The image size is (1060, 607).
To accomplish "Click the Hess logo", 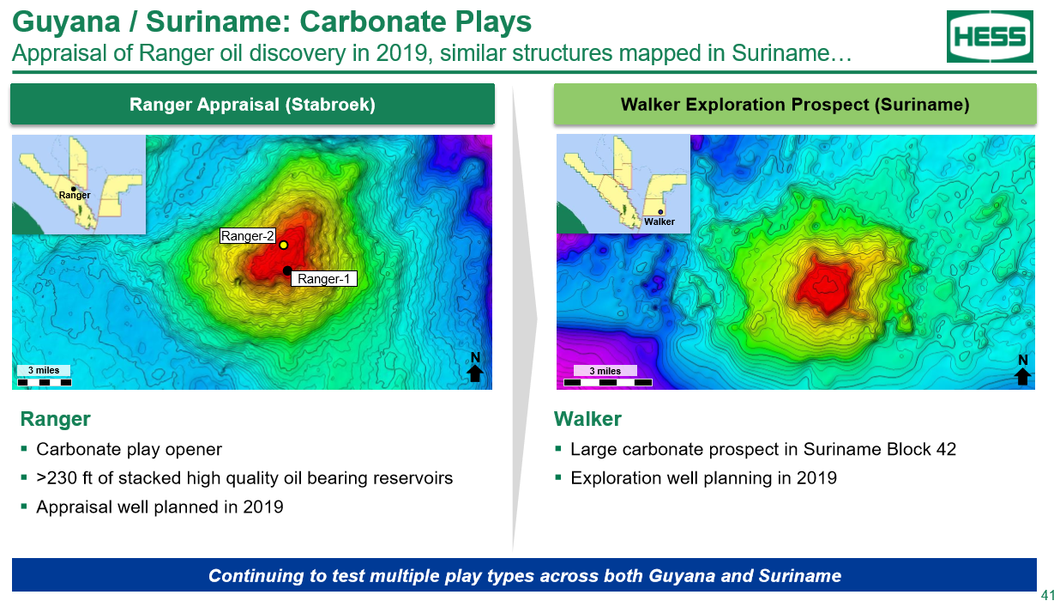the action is [990, 36].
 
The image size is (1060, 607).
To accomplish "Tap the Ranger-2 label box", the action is [248, 236].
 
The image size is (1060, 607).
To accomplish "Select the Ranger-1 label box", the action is [323, 279].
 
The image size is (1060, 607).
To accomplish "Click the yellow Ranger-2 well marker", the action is [284, 245].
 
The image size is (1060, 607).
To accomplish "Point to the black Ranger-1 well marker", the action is [287, 270].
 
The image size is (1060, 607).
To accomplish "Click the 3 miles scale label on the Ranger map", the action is [44, 370].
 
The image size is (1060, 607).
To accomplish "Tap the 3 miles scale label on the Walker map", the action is [605, 371].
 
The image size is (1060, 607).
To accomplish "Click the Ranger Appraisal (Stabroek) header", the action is [252, 104].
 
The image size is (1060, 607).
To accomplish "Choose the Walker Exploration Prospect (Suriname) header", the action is [795, 104].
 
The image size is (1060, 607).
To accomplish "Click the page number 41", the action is [1048, 595].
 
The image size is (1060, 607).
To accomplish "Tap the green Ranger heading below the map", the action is [56, 419].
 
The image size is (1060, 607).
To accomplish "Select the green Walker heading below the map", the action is [587, 419].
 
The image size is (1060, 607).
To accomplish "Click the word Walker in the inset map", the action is [659, 222].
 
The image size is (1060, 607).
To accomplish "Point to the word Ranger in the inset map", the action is [75, 195].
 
